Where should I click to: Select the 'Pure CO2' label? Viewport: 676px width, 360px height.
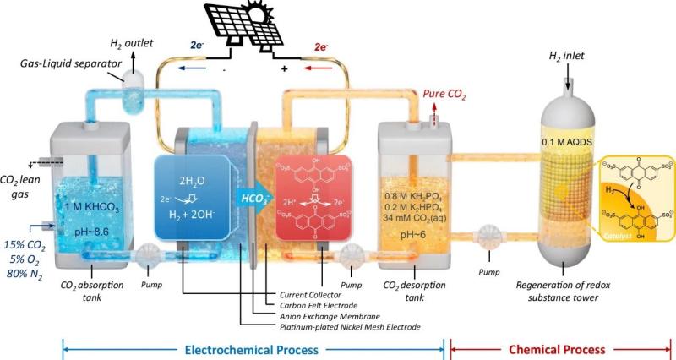point(447,106)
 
